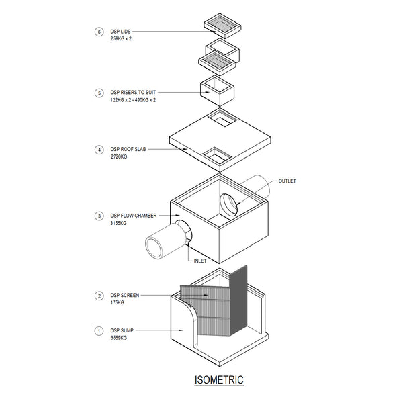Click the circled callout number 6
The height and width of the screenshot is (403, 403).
99,31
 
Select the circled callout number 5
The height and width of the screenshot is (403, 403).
99,93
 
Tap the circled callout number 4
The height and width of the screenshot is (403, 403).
99,150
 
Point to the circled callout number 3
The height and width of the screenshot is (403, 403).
99,216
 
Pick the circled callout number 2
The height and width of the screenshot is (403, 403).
99,295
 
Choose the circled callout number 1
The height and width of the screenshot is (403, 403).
99,330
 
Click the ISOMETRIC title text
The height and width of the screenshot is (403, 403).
219,380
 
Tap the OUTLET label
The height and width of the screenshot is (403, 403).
287,181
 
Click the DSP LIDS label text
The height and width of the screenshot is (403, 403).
121,31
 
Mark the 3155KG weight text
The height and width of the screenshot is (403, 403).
118,223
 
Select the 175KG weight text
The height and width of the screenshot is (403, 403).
118,302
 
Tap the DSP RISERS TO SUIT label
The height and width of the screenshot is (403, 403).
133,93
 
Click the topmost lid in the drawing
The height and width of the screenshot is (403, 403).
222,25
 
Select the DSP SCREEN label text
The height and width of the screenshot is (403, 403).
125,295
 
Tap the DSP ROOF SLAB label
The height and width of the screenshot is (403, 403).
129,150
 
